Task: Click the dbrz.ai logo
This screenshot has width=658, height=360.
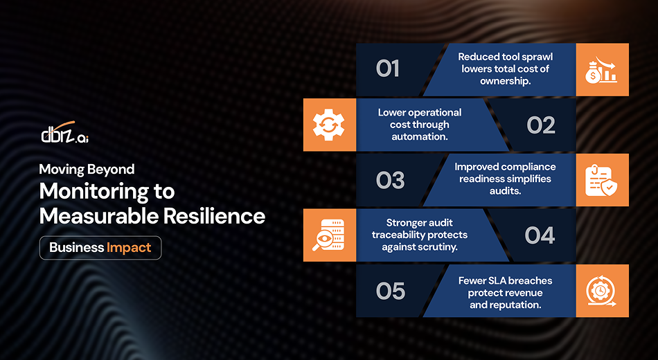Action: pos(64,134)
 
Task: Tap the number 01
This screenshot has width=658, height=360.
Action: pos(388,69)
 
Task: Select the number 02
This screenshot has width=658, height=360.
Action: pos(541,125)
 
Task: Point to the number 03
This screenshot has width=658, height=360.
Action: pos(390,181)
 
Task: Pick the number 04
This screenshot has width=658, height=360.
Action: pos(540,235)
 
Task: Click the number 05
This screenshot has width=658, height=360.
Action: pos(390,291)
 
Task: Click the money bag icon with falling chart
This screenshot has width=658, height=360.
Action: pos(602,69)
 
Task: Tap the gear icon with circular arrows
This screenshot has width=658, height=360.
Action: pos(330,125)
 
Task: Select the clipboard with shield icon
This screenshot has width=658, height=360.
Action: pos(602,180)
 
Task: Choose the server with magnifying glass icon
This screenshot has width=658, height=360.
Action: pos(330,235)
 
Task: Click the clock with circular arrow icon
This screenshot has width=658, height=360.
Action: pos(602,291)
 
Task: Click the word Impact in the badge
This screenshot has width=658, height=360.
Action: pos(129,248)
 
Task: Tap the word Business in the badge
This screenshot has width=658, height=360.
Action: pos(76,248)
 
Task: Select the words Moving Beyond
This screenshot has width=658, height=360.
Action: pos(87,169)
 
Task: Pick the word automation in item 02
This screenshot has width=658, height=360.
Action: pos(420,136)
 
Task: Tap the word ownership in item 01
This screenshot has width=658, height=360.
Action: pos(505,81)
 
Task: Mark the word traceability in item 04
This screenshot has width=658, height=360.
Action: pos(403,235)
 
